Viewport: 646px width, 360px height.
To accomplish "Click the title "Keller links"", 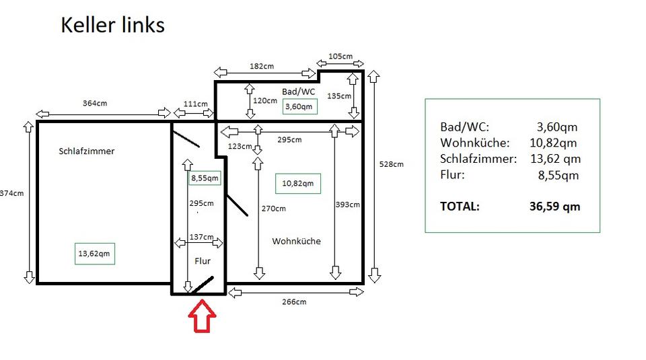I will (x=112, y=25).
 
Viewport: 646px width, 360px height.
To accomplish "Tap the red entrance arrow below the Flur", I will (x=202, y=316).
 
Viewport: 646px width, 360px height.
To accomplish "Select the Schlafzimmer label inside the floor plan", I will (x=87, y=151).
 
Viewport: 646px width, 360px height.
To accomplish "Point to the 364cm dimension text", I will (x=95, y=103).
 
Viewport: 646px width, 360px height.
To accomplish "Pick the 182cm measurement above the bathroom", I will (x=261, y=67).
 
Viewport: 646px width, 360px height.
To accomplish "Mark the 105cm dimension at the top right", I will (x=340, y=57).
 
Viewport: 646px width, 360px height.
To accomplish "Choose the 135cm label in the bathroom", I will (x=338, y=96).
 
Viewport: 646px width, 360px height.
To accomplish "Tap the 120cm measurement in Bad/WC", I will (x=265, y=100).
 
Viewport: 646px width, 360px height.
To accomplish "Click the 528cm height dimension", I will (x=392, y=164).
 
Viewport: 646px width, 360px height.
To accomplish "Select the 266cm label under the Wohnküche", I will (x=294, y=301).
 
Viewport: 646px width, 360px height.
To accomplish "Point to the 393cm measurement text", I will (x=347, y=205).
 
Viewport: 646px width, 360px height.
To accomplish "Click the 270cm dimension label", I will (x=273, y=209).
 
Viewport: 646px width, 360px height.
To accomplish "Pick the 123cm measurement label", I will (x=239, y=146).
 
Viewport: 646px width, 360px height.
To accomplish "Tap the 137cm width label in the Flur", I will (x=201, y=237).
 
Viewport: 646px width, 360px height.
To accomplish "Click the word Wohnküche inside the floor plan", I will (x=296, y=241).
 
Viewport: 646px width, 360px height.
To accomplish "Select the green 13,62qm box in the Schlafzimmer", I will (x=95, y=254).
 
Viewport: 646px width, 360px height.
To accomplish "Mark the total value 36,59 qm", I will (x=554, y=207).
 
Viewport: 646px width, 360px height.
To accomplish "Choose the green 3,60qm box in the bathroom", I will (x=299, y=106).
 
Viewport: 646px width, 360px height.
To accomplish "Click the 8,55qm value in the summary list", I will (x=558, y=176).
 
